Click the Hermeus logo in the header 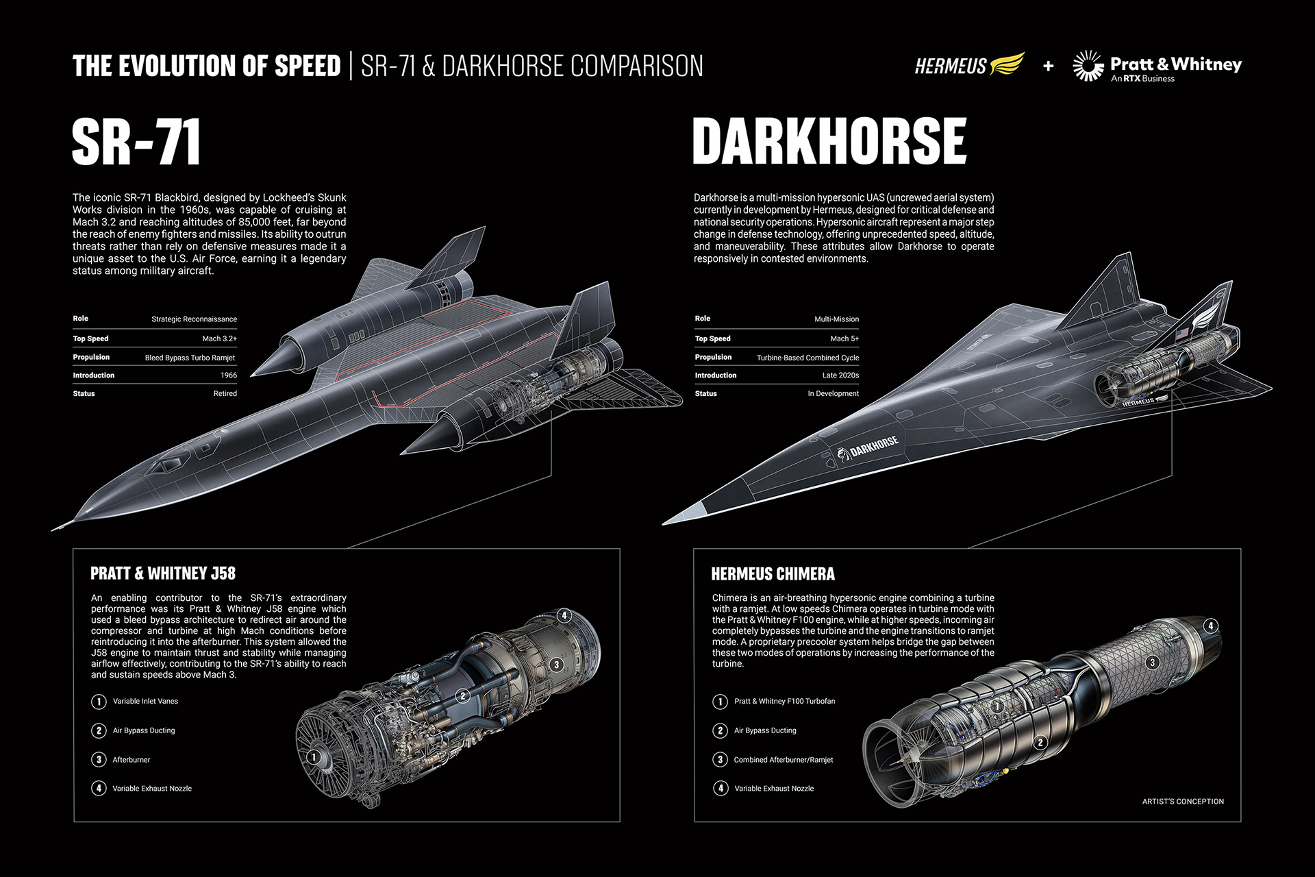point(969,65)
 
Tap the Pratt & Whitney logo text point(1175,64)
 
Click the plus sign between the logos point(1048,66)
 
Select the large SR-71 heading point(136,141)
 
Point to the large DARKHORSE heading point(829,141)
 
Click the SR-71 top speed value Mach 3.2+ point(219,338)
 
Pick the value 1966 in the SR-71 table point(228,375)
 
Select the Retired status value point(225,393)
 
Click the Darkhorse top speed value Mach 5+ point(844,338)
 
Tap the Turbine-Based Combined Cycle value point(807,358)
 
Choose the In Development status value point(832,393)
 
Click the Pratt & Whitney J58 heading point(163,573)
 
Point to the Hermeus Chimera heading point(773,574)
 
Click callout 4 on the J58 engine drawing point(564,615)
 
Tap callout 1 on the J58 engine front point(314,756)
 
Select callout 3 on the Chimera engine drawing point(1153,662)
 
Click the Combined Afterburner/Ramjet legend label point(783,760)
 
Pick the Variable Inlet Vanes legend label point(145,702)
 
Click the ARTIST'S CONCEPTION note point(1182,802)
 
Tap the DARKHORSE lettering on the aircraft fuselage point(873,446)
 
